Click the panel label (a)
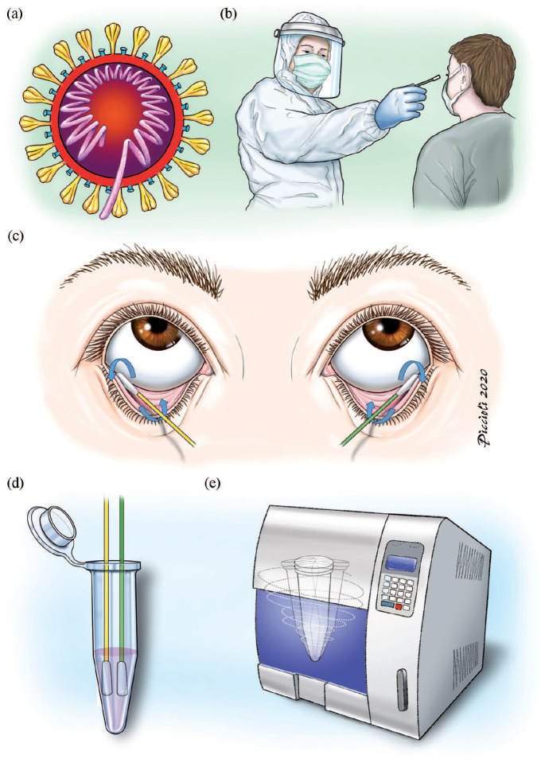click(14, 14)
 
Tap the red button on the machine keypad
click(399, 607)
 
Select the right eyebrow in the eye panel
click(389, 269)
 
